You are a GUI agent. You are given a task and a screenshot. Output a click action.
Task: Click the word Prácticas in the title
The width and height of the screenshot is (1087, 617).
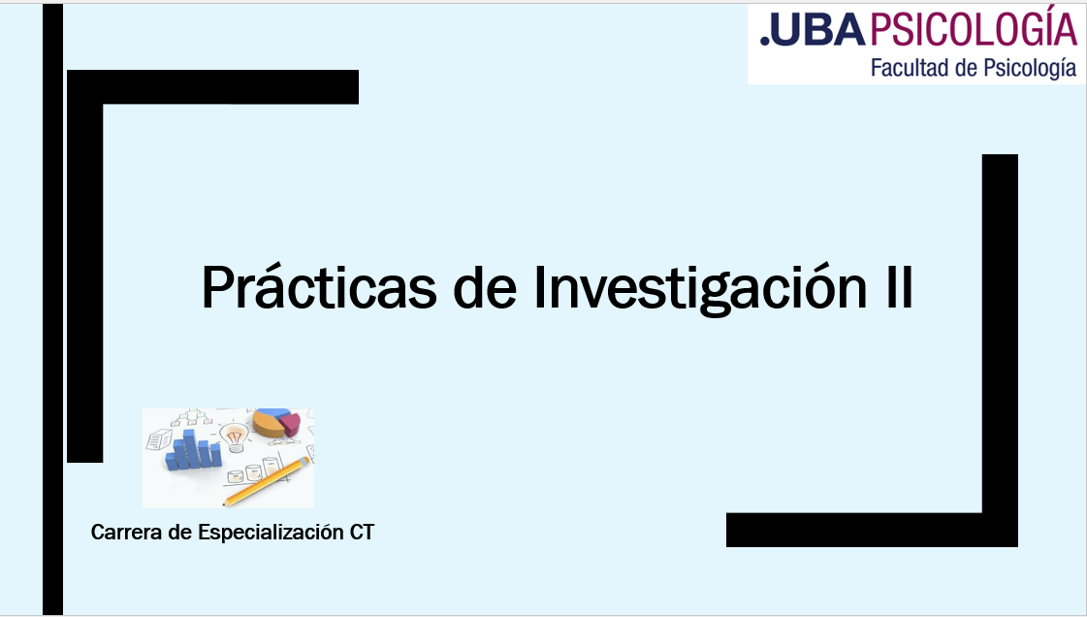(x=319, y=287)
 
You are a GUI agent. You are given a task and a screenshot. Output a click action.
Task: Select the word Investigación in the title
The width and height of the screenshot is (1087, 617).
(x=700, y=287)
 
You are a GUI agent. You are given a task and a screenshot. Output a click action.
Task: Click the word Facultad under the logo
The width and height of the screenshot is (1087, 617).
(x=911, y=67)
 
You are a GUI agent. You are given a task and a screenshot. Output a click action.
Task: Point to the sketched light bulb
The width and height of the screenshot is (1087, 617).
(x=235, y=438)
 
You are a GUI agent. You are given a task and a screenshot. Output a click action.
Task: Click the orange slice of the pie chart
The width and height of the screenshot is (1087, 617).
(x=269, y=425)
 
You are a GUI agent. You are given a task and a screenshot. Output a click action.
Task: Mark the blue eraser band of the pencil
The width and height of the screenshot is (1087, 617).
(x=303, y=460)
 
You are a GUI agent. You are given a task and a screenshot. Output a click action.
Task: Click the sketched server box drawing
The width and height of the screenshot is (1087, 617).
(x=159, y=438)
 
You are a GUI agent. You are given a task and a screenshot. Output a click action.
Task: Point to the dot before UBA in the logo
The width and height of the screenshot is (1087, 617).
(x=765, y=41)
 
